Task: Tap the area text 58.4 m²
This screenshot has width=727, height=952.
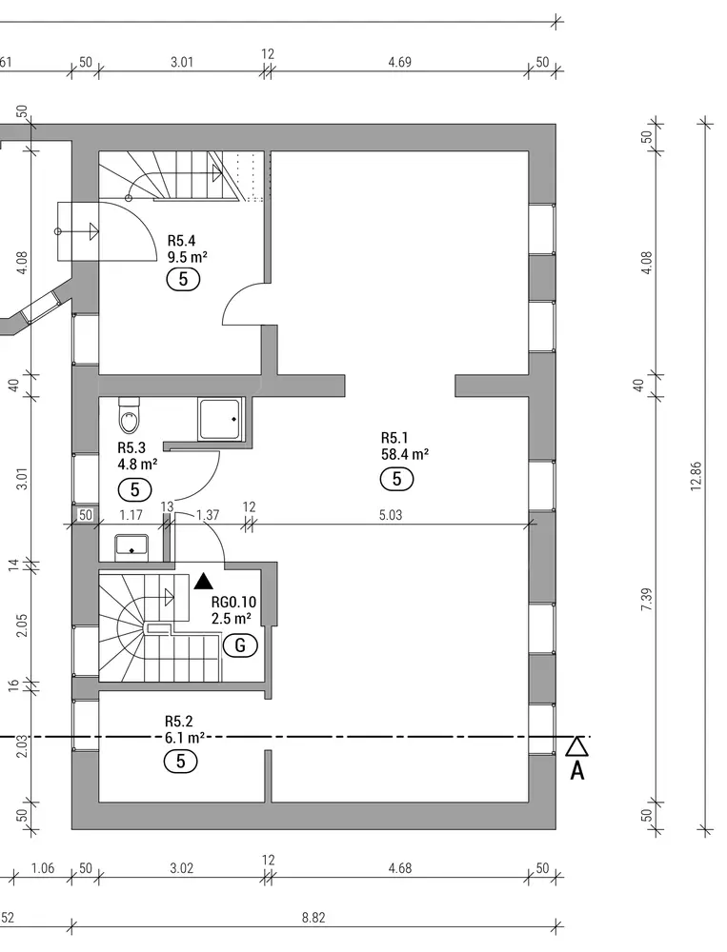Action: point(404,455)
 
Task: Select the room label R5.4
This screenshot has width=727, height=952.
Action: point(182,241)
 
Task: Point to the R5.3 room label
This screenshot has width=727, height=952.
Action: point(131,447)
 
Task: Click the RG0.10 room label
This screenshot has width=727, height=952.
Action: point(233,602)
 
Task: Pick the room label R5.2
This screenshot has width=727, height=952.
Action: point(180,722)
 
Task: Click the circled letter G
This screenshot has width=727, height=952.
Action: point(240,645)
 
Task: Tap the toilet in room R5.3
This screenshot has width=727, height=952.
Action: point(129,415)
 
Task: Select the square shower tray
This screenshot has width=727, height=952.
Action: point(221,419)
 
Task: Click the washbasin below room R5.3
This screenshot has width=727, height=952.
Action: point(131,545)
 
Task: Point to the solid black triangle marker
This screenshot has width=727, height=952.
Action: point(202,580)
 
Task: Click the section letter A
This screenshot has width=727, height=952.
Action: point(577,770)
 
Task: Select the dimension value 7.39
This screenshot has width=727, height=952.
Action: point(646,598)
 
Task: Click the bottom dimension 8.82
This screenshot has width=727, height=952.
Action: point(313,917)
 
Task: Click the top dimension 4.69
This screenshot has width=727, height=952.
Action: point(400,63)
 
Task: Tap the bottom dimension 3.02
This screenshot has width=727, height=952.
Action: point(181,868)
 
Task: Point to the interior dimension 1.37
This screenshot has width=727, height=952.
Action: point(208,515)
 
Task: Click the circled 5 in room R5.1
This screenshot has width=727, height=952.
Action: point(396,479)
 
